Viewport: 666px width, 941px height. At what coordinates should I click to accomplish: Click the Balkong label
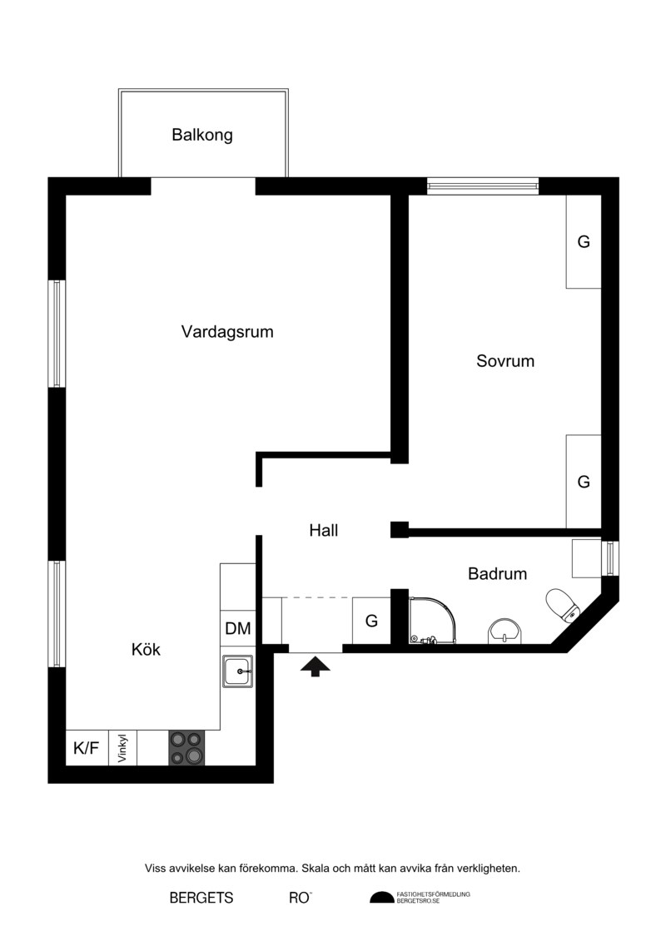click(201, 135)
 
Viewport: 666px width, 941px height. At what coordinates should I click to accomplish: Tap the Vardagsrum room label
click(227, 332)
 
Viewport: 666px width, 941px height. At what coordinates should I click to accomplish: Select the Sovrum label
click(505, 361)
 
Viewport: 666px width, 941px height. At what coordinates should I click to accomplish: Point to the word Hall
click(324, 530)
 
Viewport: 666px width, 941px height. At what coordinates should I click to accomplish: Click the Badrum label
click(497, 574)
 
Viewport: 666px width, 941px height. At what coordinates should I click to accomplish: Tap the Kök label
click(146, 649)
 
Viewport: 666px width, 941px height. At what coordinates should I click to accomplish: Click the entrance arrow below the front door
click(316, 666)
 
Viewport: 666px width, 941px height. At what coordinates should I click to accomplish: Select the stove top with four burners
click(186, 748)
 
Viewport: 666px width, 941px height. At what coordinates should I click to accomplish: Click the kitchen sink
click(238, 671)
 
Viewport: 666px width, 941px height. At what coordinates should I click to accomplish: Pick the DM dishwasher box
click(238, 627)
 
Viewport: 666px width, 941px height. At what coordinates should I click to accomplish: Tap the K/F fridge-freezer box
click(87, 748)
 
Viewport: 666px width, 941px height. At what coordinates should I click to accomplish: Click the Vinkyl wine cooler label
click(123, 748)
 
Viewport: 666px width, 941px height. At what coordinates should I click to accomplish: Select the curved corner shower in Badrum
click(432, 621)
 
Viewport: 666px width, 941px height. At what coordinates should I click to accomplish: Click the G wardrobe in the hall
click(372, 621)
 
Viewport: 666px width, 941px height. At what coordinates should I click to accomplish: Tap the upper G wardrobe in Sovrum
click(584, 241)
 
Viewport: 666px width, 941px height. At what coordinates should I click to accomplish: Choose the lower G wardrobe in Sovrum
click(584, 481)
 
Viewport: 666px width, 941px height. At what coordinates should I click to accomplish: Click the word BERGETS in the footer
click(201, 898)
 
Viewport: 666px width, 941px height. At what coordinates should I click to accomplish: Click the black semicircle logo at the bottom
click(381, 898)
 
